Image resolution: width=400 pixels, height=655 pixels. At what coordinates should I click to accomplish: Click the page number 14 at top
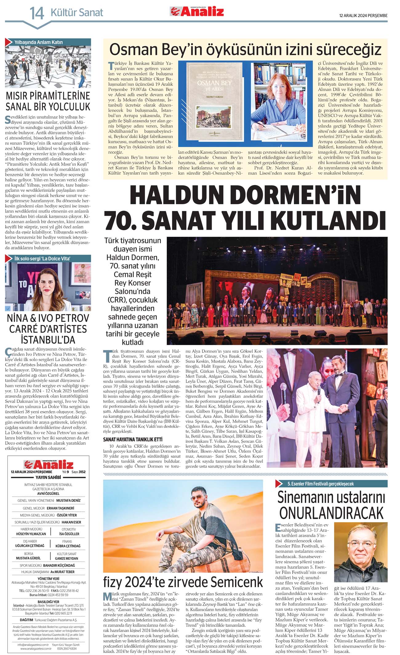(37, 13)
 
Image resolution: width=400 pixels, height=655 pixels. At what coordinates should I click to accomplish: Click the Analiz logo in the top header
(197, 11)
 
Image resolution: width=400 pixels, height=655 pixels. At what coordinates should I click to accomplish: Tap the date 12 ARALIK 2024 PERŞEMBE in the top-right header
(363, 16)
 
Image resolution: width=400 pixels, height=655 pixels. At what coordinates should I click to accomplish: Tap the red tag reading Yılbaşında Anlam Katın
(38, 42)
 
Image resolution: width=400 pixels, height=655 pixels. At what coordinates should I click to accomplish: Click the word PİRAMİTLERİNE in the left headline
(48, 96)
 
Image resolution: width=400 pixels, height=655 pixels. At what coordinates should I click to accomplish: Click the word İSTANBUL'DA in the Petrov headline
(48, 340)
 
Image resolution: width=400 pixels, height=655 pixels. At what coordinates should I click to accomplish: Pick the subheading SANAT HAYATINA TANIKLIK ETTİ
(133, 439)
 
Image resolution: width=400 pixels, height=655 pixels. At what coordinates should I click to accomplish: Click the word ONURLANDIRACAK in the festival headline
(331, 512)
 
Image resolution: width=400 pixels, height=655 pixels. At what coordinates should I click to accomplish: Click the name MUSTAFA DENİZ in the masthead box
(68, 500)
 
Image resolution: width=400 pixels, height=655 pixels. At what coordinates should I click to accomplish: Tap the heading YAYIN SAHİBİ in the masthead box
(48, 477)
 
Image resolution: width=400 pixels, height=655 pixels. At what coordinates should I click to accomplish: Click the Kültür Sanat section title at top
(77, 13)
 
